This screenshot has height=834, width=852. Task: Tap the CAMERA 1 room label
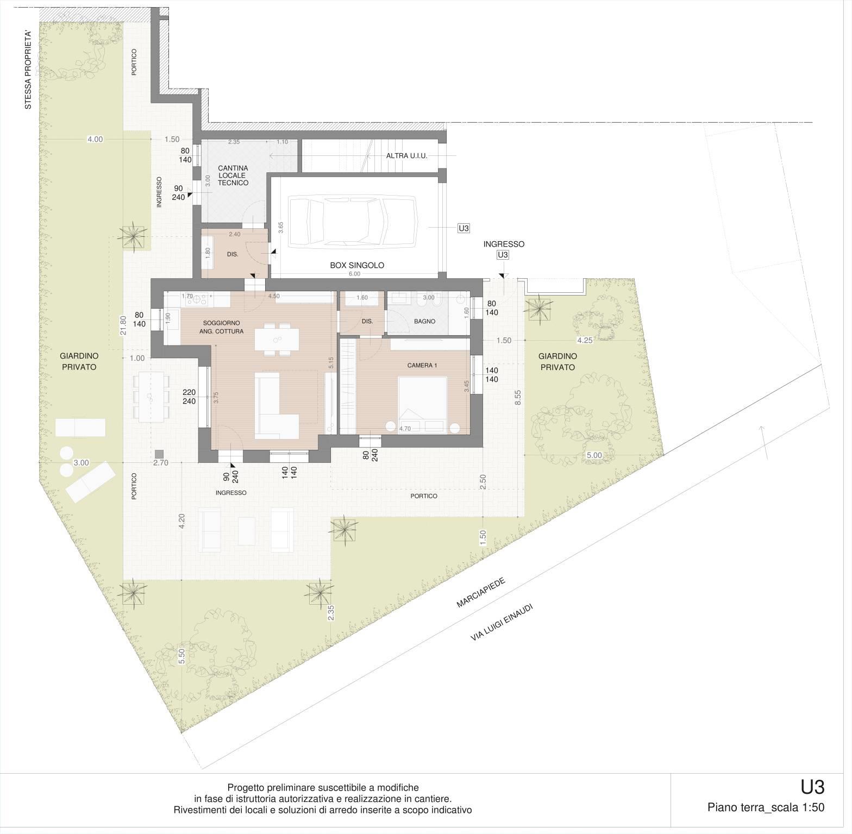click(423, 365)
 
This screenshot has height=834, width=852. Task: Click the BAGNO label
click(424, 321)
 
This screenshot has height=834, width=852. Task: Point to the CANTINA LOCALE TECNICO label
click(233, 175)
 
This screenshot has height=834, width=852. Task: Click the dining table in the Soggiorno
click(277, 340)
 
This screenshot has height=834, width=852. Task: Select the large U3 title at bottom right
click(812, 787)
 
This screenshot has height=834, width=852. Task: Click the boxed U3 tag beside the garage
click(463, 229)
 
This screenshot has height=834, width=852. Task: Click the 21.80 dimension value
click(123, 326)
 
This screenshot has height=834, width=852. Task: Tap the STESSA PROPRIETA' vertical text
click(28, 70)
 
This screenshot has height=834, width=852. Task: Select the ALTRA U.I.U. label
click(406, 156)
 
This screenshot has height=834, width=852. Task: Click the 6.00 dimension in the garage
click(354, 274)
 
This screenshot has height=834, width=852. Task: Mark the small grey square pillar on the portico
click(159, 454)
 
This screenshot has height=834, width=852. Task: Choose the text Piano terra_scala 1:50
click(766, 807)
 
